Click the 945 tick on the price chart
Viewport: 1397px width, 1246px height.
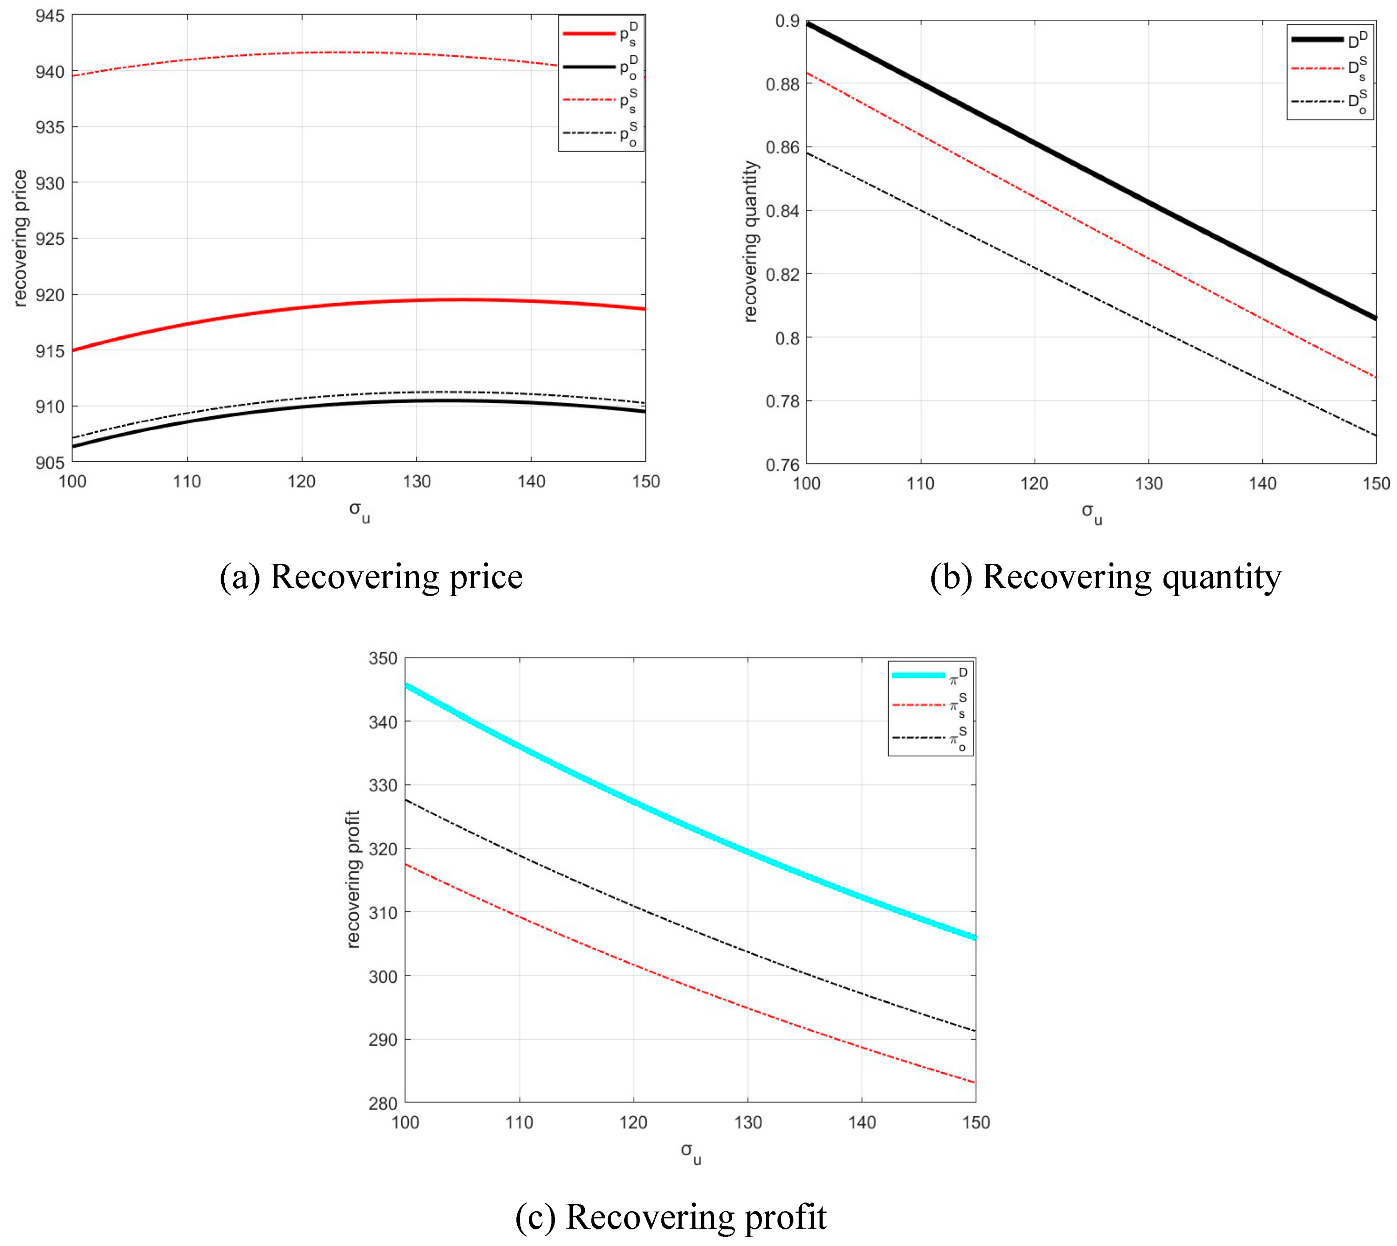click(x=49, y=15)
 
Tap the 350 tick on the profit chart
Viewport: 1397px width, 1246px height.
click(x=382, y=659)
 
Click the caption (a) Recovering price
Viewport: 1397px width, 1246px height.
click(x=371, y=577)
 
